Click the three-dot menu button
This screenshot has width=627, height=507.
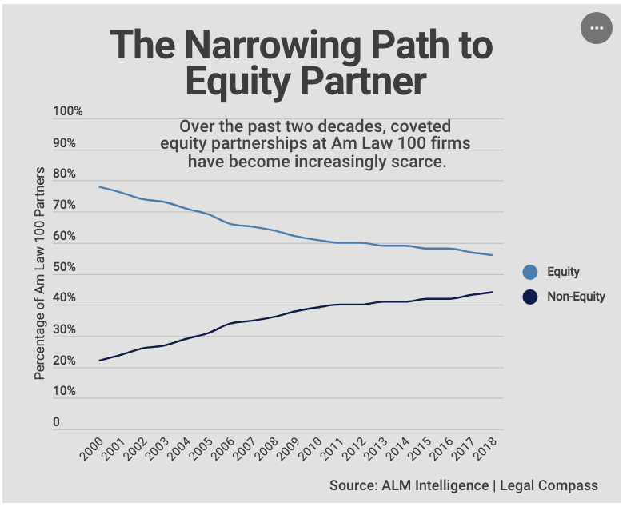[596, 28]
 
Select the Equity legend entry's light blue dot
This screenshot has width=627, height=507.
[529, 272]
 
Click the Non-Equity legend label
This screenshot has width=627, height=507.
[576, 297]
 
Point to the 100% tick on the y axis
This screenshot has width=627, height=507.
[67, 111]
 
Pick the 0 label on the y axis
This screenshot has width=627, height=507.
[56, 422]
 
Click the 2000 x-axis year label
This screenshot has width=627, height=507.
[91, 449]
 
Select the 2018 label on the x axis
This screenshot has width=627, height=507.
[485, 449]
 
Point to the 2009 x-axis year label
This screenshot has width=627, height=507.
[288, 449]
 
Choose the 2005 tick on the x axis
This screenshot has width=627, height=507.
[201, 449]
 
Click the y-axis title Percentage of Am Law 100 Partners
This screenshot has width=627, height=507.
[39, 274]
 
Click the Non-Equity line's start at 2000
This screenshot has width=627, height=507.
[99, 361]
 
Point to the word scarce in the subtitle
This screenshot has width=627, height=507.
[421, 161]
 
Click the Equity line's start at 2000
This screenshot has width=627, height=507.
[99, 186]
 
